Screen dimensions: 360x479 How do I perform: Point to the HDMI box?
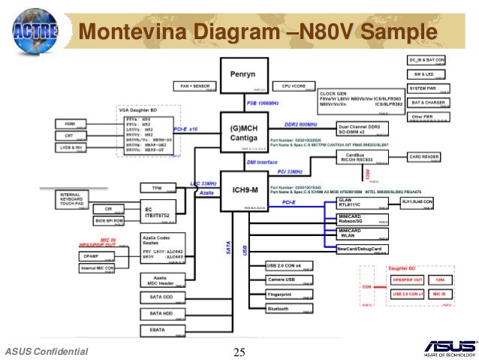71,123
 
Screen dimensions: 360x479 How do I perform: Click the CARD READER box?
426,157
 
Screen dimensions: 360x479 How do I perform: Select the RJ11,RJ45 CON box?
424,202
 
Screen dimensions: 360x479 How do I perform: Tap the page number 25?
240,352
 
